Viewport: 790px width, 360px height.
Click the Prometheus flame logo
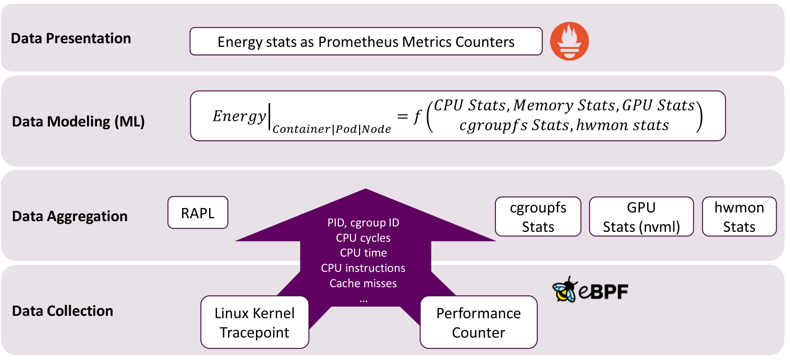click(569, 41)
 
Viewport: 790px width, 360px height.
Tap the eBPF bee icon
click(565, 290)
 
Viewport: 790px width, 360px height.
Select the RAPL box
click(198, 213)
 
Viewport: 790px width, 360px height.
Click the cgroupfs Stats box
click(538, 217)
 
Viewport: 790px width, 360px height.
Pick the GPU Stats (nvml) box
click(641, 217)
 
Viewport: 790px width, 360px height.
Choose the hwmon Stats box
click(739, 217)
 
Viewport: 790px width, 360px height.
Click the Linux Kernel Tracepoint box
click(255, 322)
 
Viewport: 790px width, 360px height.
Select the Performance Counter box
click(479, 322)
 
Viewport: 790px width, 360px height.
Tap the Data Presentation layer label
click(71, 39)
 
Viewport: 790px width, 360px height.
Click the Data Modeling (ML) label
click(78, 122)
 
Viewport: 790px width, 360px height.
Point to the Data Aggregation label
click(70, 216)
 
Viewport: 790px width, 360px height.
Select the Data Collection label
click(63, 311)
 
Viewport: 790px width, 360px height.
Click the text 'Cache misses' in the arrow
click(363, 283)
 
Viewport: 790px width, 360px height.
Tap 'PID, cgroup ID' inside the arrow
click(363, 223)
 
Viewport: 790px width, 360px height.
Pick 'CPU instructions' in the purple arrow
click(363, 268)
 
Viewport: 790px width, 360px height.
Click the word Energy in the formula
click(240, 116)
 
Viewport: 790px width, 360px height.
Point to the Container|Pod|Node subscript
click(332, 129)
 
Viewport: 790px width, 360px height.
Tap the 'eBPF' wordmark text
click(603, 291)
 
